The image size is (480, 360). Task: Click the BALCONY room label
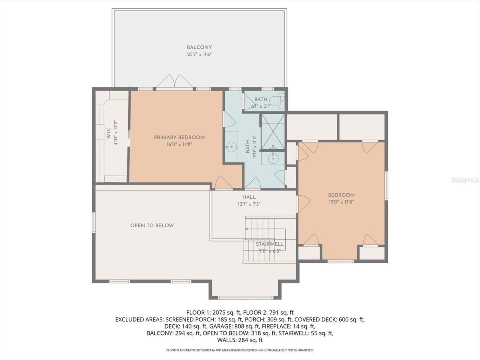tap(199, 47)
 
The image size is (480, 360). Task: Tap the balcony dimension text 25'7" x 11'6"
tap(199, 54)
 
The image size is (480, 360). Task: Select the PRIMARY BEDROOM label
tap(179, 137)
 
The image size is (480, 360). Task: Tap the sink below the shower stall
tap(273, 158)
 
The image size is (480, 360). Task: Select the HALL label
tap(249, 197)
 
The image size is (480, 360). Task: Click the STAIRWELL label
tap(270, 244)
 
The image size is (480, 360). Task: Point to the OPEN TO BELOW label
tap(152, 225)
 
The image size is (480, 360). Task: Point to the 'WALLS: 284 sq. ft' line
tap(240, 340)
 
